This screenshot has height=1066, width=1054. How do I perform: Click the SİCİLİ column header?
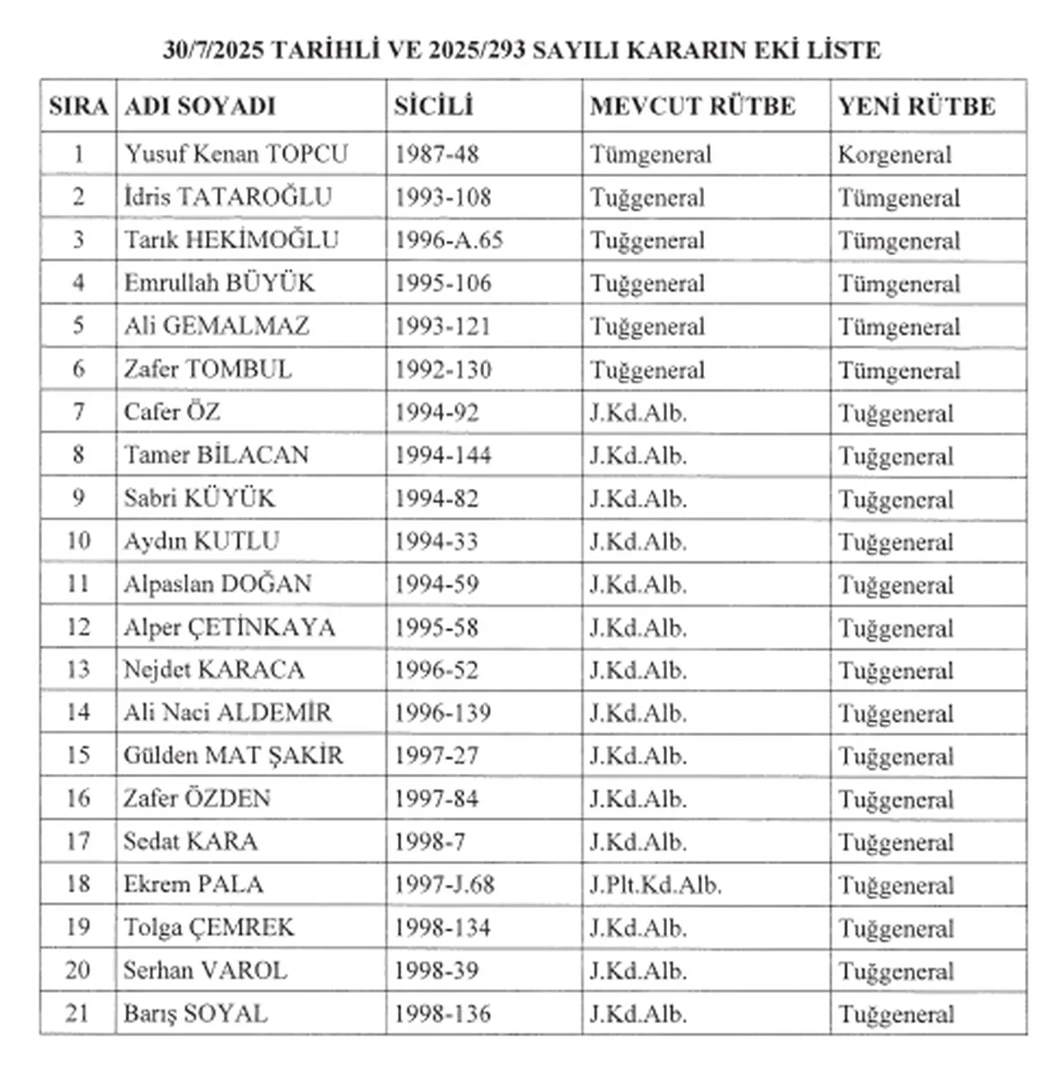coord(433,106)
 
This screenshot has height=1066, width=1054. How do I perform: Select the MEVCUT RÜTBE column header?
coord(693,106)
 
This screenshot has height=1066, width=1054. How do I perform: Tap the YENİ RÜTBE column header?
coord(916,106)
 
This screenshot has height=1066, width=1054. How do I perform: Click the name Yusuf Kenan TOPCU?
coord(236,154)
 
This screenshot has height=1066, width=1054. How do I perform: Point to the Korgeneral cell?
coord(894,155)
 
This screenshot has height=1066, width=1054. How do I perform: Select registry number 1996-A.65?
coord(449,240)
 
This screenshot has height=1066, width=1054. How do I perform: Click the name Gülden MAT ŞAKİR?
coord(233,755)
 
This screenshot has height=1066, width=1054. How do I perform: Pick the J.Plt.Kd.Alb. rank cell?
coord(655,885)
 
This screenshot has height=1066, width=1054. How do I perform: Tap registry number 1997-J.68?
coord(444,885)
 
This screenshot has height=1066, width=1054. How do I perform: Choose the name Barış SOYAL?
coord(196,1013)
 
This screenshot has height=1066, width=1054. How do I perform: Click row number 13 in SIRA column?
coord(78,669)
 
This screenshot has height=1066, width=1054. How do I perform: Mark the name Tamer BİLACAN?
coord(217,455)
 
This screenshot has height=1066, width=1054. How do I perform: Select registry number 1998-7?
coord(430,841)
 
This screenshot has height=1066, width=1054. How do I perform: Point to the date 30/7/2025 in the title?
coord(213,50)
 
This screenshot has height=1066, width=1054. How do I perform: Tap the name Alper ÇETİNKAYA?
coord(230,627)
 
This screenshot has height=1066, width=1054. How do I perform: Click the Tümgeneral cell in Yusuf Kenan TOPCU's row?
coord(651,155)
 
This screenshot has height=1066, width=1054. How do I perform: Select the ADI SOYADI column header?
coord(200,106)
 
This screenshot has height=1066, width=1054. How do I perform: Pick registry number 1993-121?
coord(442,326)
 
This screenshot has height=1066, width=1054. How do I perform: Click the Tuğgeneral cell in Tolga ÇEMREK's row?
coord(896,929)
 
